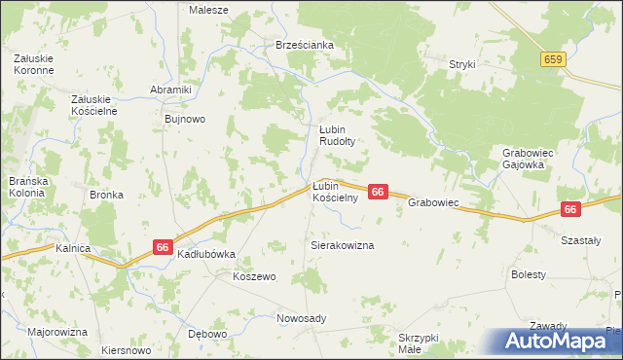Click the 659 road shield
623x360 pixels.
(554, 59)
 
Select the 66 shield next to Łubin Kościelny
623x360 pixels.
(379, 193)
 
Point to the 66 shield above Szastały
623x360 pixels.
(570, 209)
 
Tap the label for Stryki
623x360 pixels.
(461, 64)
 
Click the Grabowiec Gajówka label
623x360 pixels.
(529, 159)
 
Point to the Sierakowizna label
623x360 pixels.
(342, 246)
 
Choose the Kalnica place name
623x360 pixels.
(73, 249)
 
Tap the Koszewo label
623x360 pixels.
(254, 276)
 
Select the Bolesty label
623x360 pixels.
(528, 275)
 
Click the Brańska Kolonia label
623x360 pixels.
(27, 187)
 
